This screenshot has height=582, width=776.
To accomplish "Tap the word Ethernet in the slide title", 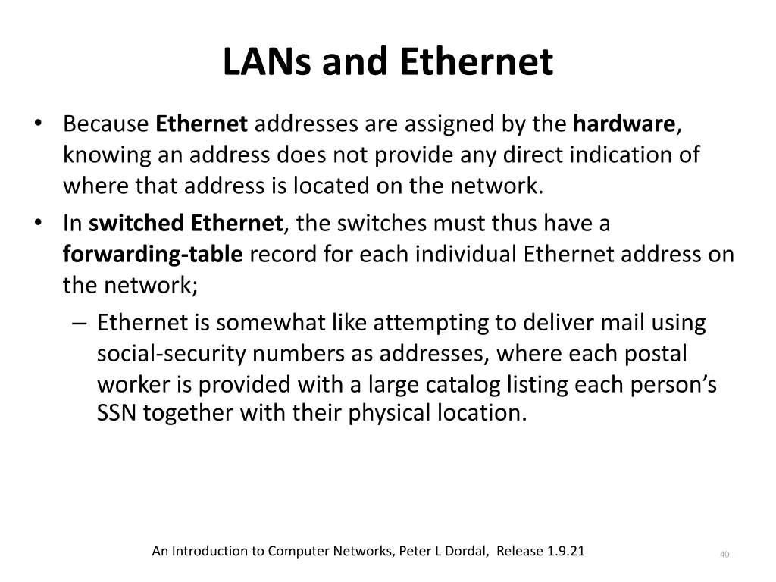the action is coord(477,63).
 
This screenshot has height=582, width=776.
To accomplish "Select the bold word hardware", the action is coord(624,124).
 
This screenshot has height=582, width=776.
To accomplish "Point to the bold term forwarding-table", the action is coord(152,255).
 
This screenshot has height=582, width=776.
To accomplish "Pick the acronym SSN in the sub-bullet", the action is coord(116,413).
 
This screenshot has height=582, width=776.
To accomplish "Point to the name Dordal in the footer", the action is coord(471,551).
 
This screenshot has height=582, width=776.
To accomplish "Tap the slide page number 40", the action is coord(724,555).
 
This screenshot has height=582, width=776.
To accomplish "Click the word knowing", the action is coord(108,155).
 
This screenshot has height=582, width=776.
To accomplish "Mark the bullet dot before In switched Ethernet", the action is coord(39,224).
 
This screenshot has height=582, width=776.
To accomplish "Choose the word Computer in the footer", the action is coord(298,551).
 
